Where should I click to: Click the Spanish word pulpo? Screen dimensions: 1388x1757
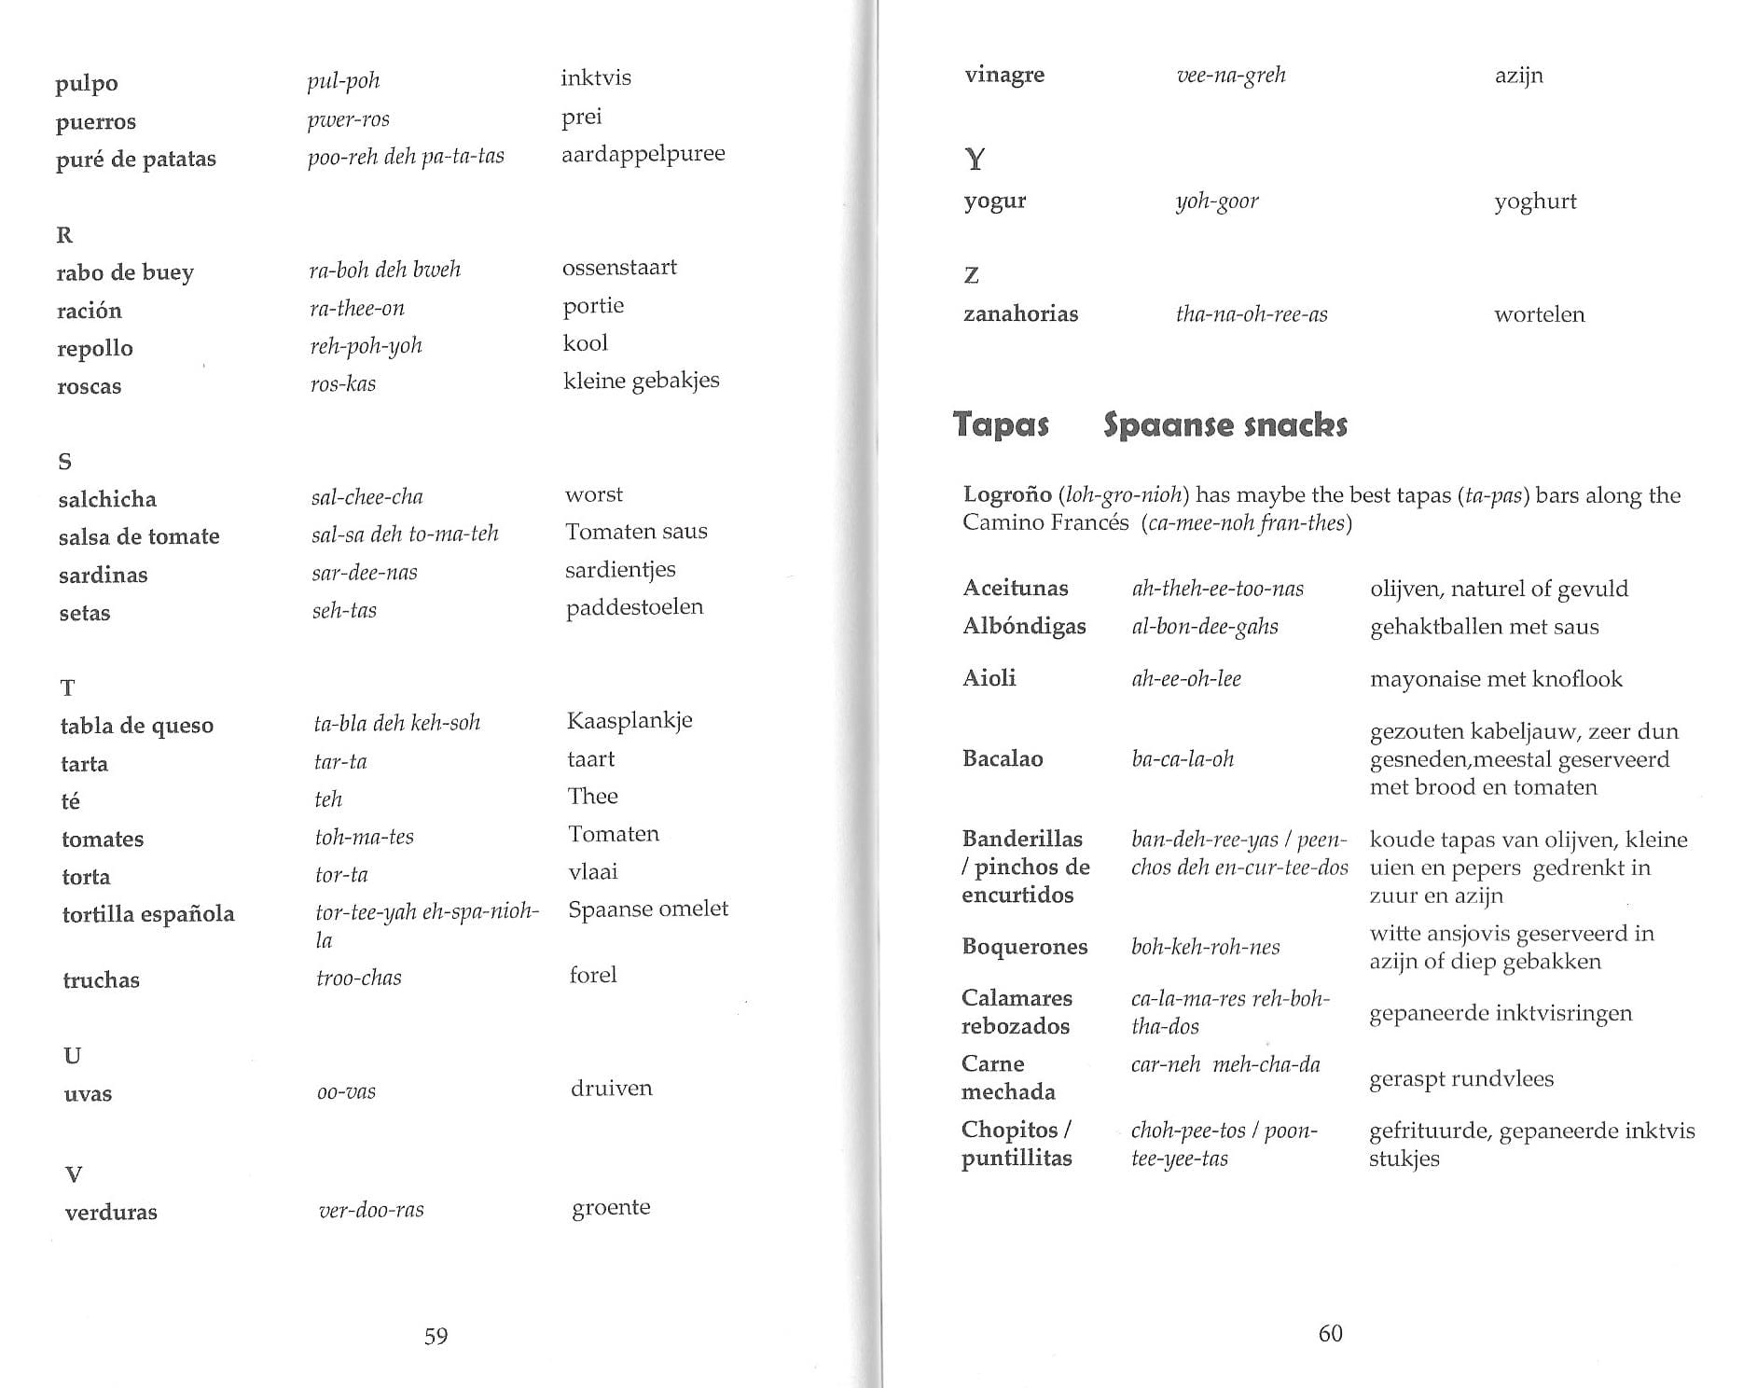(87, 83)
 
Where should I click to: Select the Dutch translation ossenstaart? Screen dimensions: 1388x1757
(619, 268)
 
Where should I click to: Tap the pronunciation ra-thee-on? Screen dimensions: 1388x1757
(356, 309)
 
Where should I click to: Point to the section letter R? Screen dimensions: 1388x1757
(64, 234)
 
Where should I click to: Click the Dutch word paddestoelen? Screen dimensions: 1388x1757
(634, 607)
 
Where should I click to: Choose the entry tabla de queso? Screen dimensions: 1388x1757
(137, 726)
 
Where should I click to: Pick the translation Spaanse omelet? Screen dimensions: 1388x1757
(648, 909)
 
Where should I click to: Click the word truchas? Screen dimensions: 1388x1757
(101, 979)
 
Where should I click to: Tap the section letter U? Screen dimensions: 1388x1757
(72, 1055)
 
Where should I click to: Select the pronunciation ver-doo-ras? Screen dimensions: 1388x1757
(371, 1210)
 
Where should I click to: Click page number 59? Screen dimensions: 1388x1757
(436, 1336)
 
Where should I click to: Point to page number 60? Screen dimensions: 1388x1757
(1330, 1334)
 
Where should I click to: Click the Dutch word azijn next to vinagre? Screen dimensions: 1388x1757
(1518, 76)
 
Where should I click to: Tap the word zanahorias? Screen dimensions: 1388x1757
(1020, 313)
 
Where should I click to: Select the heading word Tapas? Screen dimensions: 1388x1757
(1001, 425)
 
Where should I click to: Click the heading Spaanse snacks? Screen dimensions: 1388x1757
(1224, 425)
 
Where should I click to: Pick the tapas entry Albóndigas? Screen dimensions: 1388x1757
(1024, 626)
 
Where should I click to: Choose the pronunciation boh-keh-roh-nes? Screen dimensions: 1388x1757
(1205, 947)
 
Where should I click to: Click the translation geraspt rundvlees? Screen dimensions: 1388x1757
(1460, 1079)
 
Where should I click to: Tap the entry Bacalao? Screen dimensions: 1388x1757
(1003, 758)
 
